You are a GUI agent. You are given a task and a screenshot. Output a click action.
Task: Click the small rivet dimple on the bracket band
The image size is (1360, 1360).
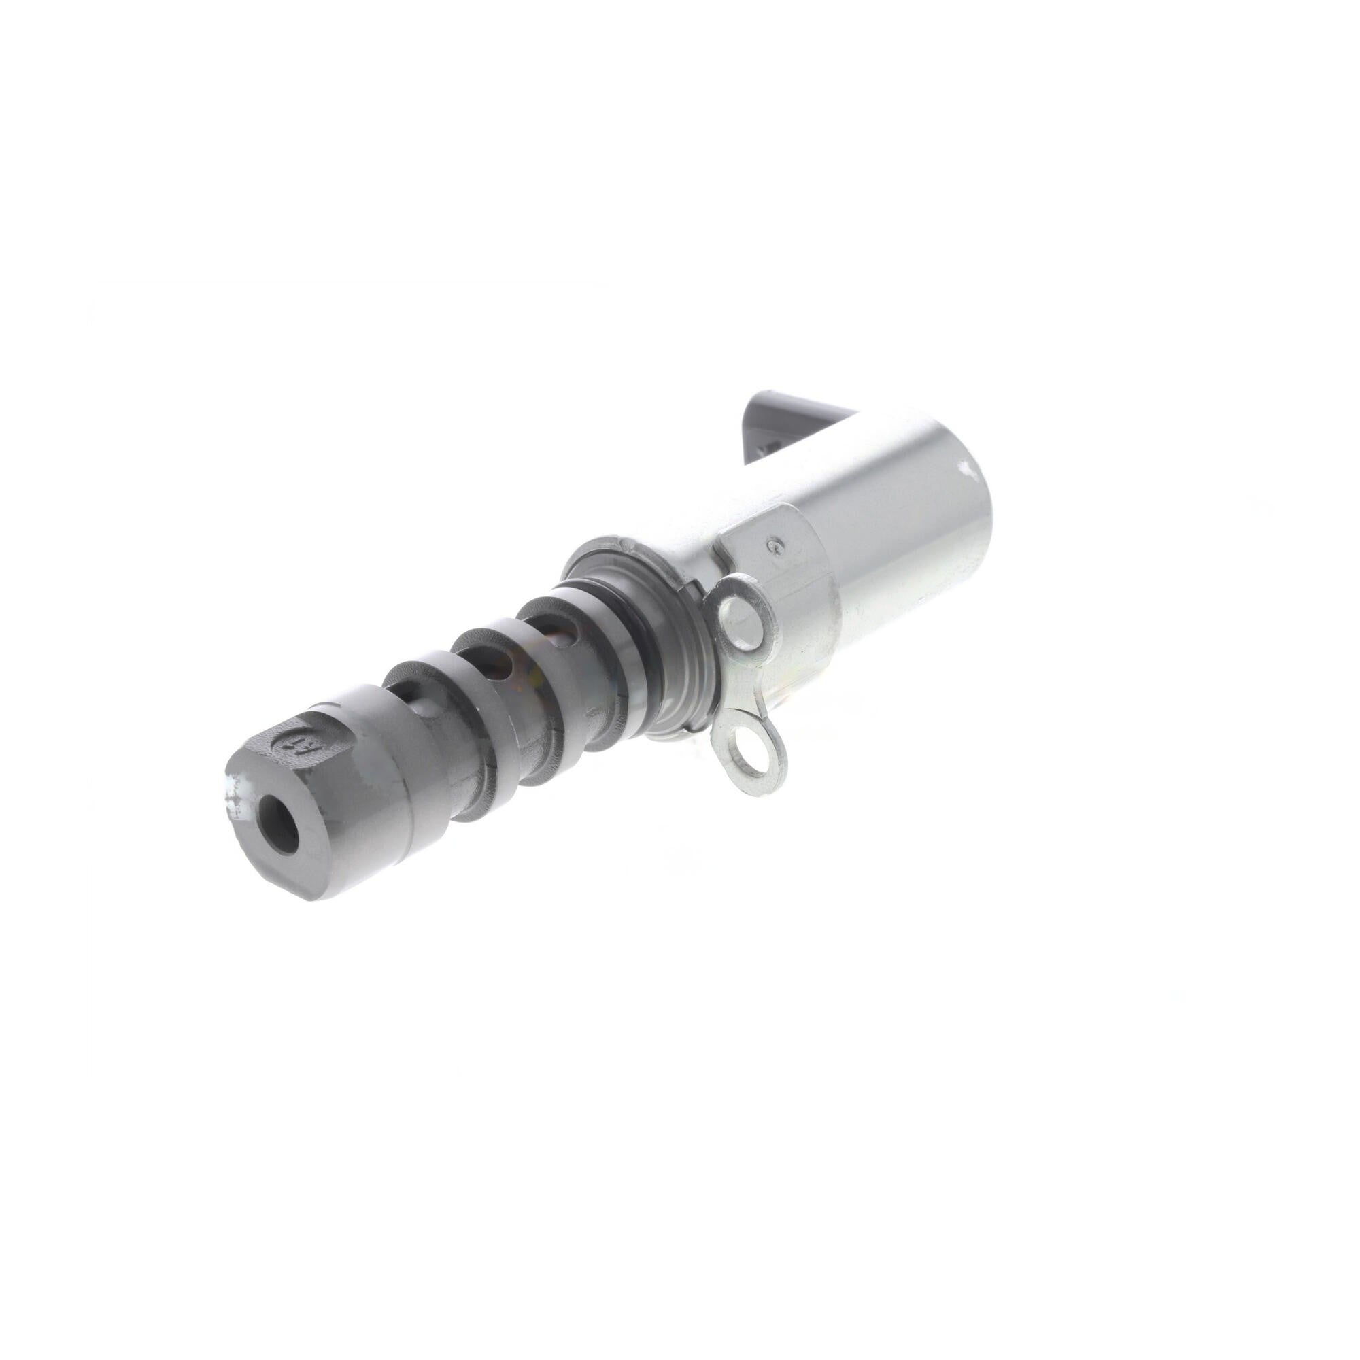tap(775, 543)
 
